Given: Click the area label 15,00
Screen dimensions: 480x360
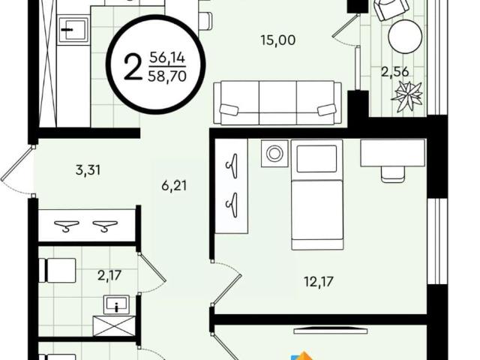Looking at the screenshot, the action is coord(278,40).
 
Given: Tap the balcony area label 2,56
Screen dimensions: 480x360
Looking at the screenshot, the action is coord(395,72).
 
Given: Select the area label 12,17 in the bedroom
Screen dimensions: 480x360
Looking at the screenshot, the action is coord(319,281).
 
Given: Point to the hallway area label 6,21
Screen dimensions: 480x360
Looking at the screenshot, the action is coord(174,185).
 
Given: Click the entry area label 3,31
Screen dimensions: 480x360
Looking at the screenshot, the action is coord(88,169).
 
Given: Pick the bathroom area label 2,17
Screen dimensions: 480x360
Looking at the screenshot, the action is coord(109,275).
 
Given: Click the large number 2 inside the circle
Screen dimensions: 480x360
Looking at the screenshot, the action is coord(133,68).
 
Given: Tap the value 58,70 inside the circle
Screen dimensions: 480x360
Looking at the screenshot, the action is coord(167,76).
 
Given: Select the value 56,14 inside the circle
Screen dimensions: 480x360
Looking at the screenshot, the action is coord(167,58).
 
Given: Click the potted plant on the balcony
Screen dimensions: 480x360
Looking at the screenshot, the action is coord(408,96).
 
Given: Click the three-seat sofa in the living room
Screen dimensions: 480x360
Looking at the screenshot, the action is coord(277,103).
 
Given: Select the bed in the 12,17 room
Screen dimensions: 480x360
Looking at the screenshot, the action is coord(317,194).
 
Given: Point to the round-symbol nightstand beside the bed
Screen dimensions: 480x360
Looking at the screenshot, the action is coord(274,153).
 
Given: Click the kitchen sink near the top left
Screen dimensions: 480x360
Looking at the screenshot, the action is coord(73,30).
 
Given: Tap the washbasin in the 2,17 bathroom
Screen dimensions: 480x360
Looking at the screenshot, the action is coord(116,304).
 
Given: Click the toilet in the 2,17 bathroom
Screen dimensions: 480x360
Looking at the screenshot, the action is coord(57,270).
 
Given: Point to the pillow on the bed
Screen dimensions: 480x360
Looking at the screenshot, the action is coord(316,158).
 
